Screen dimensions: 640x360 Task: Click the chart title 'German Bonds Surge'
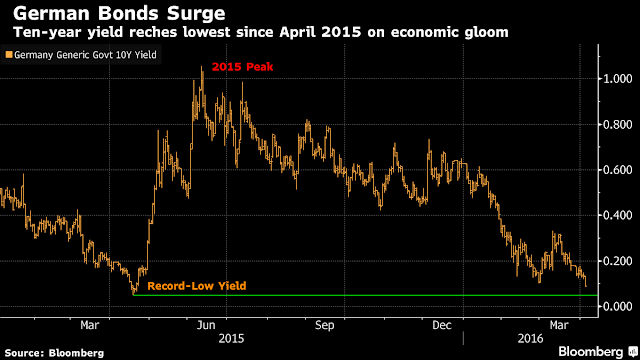click(119, 13)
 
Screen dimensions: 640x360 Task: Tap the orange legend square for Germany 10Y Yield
click(9, 55)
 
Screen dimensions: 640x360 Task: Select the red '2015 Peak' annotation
click(242, 67)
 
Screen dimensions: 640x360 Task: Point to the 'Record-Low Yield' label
click(197, 286)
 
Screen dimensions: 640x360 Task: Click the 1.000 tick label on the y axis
click(618, 78)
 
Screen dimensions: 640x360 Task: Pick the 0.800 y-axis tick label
click(618, 124)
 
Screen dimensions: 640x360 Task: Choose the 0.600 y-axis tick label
click(618, 170)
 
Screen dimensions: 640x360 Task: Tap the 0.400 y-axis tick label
click(618, 215)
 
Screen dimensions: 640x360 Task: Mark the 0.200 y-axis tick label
click(618, 261)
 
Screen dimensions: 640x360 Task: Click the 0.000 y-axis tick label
click(618, 307)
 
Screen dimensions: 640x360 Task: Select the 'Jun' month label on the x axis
click(206, 325)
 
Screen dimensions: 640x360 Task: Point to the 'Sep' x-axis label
click(324, 325)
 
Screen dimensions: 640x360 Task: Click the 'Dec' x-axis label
click(442, 325)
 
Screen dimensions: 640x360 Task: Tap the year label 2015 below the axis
click(231, 338)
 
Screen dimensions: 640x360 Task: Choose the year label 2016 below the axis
click(531, 338)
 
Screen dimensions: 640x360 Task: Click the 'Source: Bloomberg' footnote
click(54, 353)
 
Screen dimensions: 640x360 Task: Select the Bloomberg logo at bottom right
click(598, 351)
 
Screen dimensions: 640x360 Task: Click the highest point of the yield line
click(202, 67)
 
